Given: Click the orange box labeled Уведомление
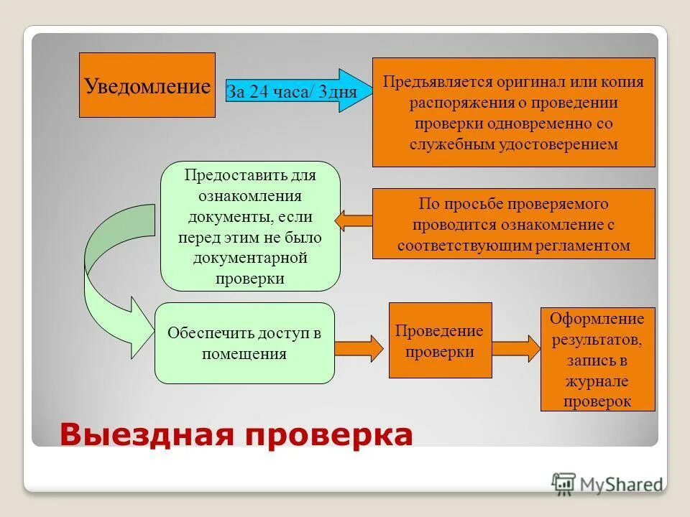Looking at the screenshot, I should (147, 85).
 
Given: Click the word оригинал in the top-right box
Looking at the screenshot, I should (528, 82).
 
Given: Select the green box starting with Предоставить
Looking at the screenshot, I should (249, 226).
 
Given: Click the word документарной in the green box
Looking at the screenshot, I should (250, 257).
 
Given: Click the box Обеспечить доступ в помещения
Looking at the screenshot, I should (244, 343).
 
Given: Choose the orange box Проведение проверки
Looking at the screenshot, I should (440, 340).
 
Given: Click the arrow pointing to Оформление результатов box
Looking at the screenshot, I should (516, 347).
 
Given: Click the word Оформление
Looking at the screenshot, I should (597, 318).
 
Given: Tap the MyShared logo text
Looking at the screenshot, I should (620, 484).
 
